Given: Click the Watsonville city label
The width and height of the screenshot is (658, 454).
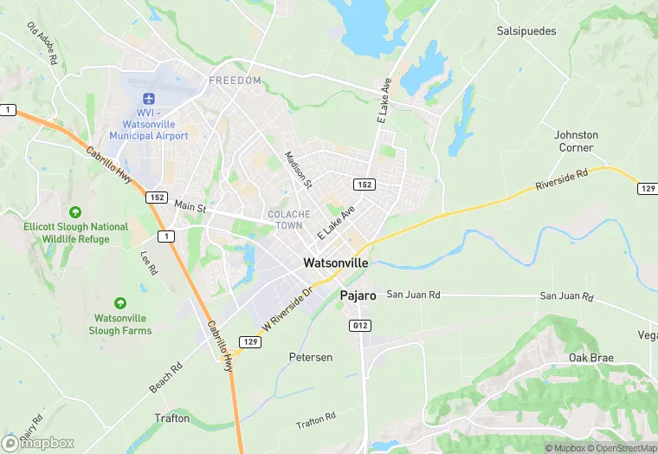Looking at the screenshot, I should click(335, 263).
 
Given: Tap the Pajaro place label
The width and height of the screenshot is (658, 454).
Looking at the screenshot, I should click(357, 295).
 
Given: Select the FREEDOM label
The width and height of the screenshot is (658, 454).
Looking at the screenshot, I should click(235, 81).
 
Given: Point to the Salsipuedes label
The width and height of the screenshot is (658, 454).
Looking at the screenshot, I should click(526, 31).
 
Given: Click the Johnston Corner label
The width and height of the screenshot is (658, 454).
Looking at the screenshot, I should click(576, 141).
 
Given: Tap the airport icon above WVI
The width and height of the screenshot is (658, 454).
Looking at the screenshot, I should click(148, 98).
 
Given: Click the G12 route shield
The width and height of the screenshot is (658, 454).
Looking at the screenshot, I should click(363, 325).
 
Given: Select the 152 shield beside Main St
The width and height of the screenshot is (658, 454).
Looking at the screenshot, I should click(156, 198).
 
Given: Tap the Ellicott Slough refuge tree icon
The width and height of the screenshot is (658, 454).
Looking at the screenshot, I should click(75, 212).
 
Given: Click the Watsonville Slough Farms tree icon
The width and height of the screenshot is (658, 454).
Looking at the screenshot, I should click(119, 303).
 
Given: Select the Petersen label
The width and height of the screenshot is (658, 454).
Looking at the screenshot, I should click(310, 357).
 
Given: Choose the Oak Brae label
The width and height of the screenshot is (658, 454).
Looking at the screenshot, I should click(590, 358).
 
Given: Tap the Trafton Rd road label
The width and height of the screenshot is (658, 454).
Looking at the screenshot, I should click(315, 421).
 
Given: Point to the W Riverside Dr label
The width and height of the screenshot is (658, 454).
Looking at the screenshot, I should click(286, 308).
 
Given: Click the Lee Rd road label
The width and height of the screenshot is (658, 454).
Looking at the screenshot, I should click(149, 263).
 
